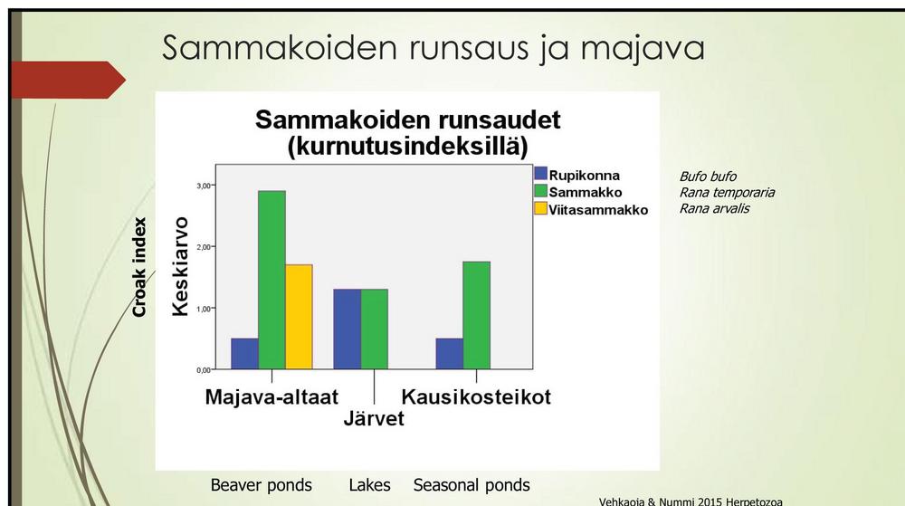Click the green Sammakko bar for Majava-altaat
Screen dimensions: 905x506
pyautogui.click(x=271, y=280)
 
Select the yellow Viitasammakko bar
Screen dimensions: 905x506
pyautogui.click(x=299, y=317)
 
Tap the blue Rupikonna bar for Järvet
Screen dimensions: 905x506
pyautogui.click(x=348, y=329)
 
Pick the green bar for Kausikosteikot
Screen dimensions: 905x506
pyautogui.click(x=477, y=316)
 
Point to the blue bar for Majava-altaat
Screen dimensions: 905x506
pyautogui.click(x=244, y=354)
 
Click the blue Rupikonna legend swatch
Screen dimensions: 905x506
pyautogui.click(x=541, y=174)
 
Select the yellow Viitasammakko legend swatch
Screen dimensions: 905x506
pyautogui.click(x=541, y=208)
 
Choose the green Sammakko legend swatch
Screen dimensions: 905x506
pyautogui.click(x=541, y=191)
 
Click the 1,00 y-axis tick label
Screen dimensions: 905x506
pyautogui.click(x=204, y=309)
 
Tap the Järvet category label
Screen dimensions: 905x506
pyautogui.click(x=374, y=418)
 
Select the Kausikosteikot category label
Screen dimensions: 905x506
pyautogui.click(x=476, y=397)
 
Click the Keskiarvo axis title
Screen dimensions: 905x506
pyautogui.click(x=181, y=266)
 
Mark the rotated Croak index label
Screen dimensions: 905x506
pyautogui.click(x=139, y=267)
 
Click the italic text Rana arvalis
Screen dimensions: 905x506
pyautogui.click(x=715, y=208)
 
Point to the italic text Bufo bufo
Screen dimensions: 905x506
pyautogui.click(x=708, y=176)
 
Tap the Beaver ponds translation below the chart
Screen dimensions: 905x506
pyautogui.click(x=261, y=485)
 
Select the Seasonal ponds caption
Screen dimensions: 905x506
pyautogui.click(x=472, y=485)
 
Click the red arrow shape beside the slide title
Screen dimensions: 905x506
pyautogui.click(x=68, y=80)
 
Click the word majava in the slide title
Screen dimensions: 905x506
pyautogui.click(x=643, y=49)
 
